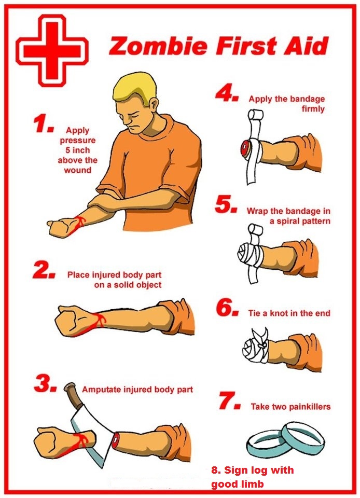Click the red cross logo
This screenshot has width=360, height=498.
(52, 50)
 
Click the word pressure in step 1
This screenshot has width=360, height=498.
(78, 141)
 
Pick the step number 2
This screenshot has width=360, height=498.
(44, 270)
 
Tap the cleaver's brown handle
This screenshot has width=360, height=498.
(74, 395)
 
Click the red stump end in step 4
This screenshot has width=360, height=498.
(245, 148)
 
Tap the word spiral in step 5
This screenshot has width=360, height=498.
(287, 222)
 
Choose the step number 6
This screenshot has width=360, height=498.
(227, 308)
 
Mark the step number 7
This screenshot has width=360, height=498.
(230, 401)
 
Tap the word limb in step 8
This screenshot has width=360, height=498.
(252, 484)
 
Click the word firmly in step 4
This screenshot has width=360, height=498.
(313, 109)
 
